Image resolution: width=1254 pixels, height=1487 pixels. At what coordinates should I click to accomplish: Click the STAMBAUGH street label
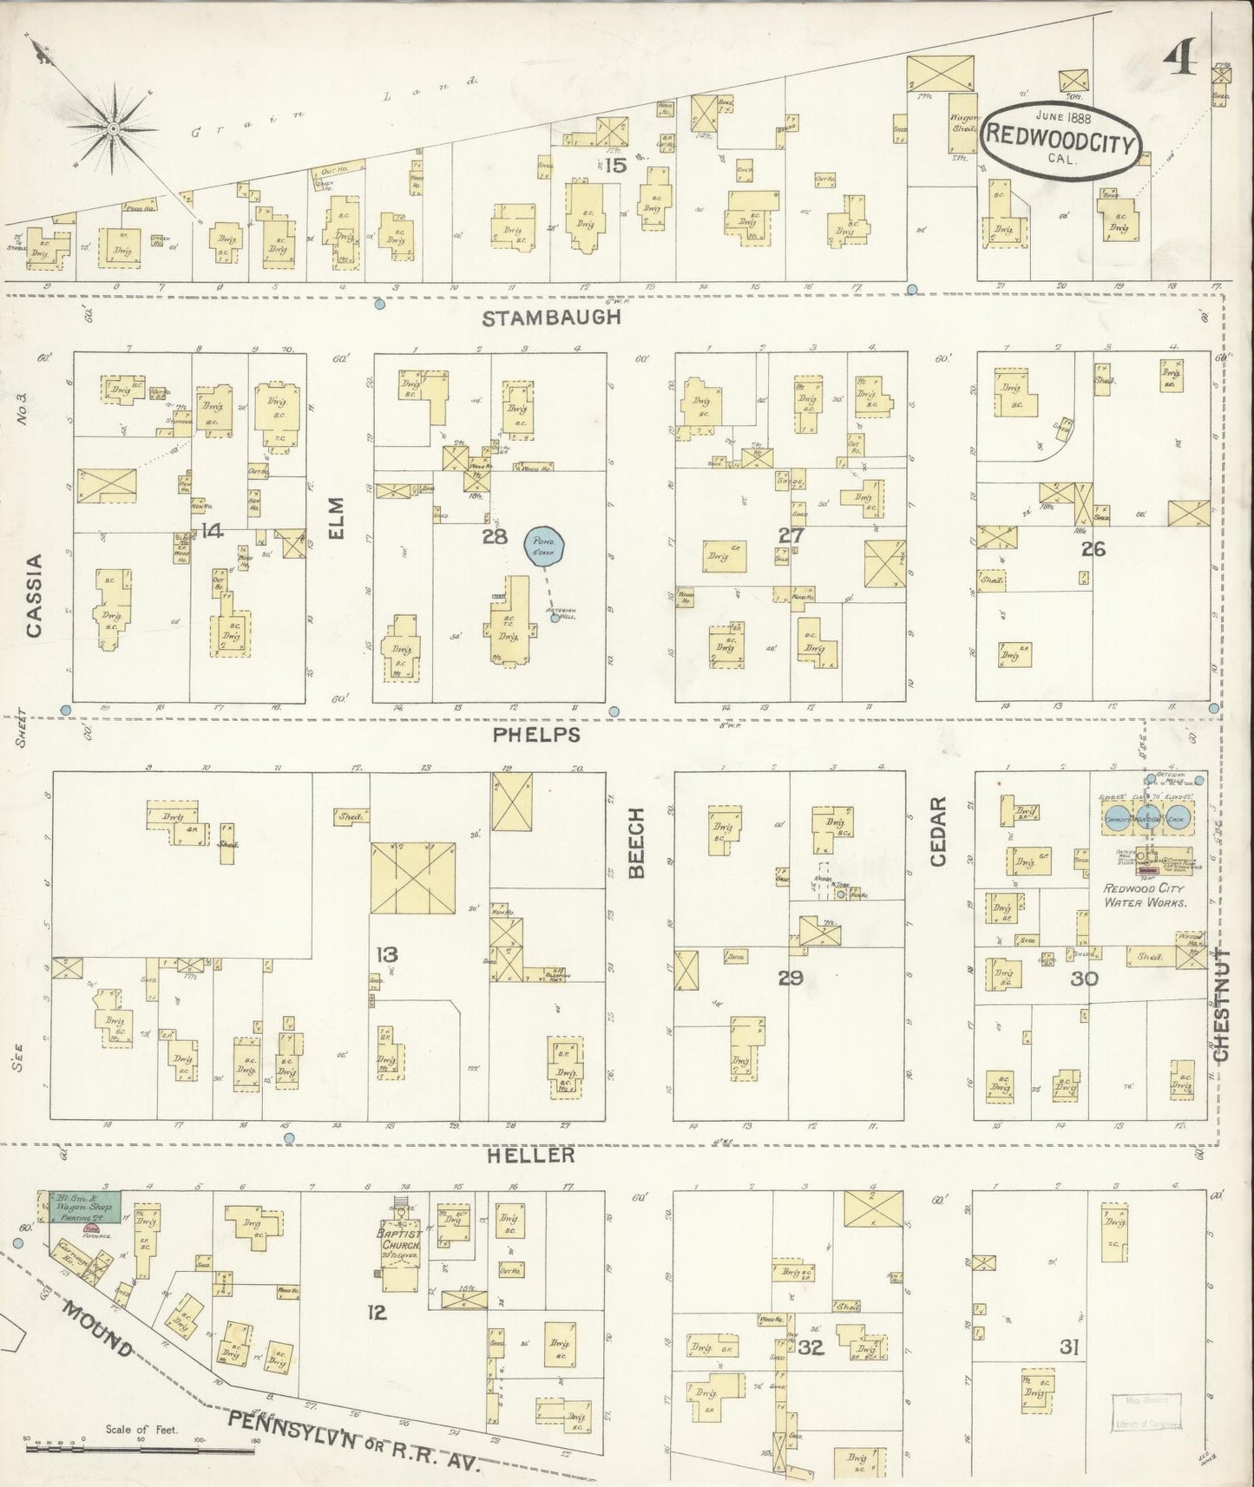click(552, 318)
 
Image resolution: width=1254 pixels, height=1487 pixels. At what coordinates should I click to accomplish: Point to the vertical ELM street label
click(337, 517)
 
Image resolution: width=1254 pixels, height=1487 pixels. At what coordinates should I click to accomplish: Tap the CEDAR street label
click(938, 831)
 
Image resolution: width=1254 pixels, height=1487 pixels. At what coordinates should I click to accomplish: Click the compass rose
click(113, 130)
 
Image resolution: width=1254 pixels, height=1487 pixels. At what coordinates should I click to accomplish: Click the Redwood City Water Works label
click(1145, 895)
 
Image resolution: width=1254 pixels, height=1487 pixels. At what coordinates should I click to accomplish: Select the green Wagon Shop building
click(83, 1207)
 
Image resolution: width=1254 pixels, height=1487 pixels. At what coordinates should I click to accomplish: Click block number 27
click(791, 535)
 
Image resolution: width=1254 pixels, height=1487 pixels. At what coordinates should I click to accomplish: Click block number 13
click(386, 954)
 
